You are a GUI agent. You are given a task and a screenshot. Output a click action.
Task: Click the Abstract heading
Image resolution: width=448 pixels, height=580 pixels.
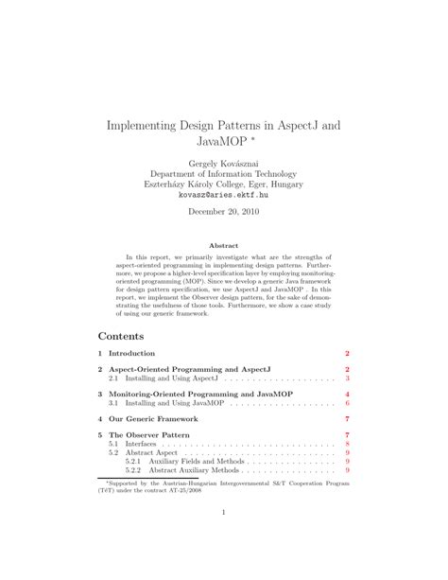tap(223, 245)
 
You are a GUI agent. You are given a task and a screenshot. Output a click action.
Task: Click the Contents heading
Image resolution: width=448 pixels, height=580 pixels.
tap(121, 336)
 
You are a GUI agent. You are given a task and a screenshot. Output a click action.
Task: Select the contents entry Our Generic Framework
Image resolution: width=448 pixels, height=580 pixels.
tap(153, 417)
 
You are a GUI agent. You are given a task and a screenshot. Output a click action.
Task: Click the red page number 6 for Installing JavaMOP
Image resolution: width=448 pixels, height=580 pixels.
tap(348, 402)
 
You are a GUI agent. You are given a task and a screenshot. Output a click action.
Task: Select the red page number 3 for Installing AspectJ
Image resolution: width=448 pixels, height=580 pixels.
tap(348, 377)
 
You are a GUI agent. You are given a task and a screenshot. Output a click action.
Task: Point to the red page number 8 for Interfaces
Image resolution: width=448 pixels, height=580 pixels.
tap(348, 443)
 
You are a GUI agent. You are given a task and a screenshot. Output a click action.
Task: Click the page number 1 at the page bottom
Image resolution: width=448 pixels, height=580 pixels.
tap(223, 514)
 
